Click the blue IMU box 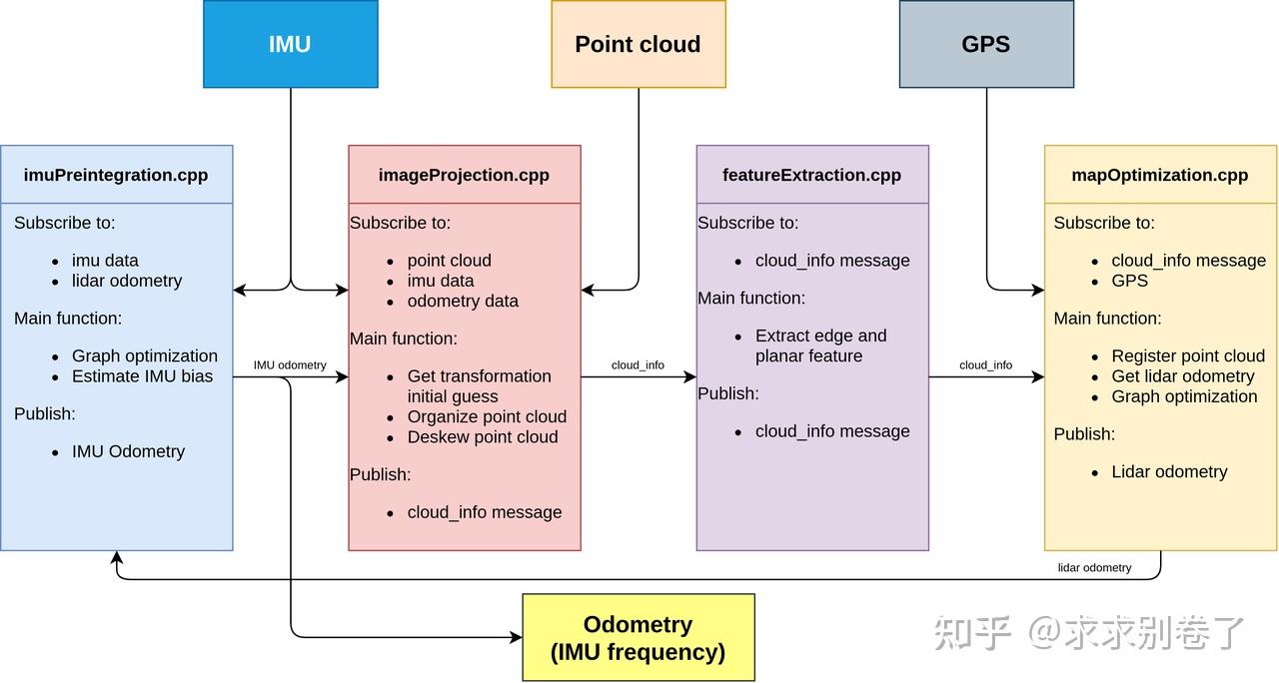[x=290, y=44]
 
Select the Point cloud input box [x=638, y=44]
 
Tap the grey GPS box [x=985, y=44]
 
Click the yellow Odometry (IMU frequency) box [x=638, y=638]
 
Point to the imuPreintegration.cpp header [x=116, y=175]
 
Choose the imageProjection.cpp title [x=464, y=175]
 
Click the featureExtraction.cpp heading [x=811, y=175]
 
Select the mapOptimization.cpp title [x=1159, y=175]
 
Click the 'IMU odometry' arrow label [x=290, y=365]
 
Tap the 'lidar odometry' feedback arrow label [x=1094, y=567]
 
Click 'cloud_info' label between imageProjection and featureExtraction [x=638, y=365]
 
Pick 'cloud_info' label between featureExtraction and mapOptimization [x=985, y=365]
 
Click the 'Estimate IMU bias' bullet [x=142, y=376]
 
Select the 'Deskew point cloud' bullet [x=483, y=437]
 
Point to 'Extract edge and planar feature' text [x=820, y=345]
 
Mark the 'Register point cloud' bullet [x=1188, y=356]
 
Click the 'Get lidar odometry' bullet [x=1183, y=376]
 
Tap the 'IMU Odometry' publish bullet [x=128, y=451]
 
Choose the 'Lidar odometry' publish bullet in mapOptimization [x=1169, y=471]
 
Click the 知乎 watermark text [x=972, y=632]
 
